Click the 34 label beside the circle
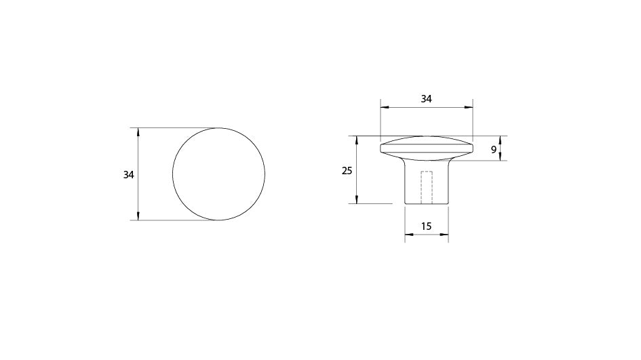point(128,174)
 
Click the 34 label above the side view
point(426,98)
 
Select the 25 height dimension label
point(347,171)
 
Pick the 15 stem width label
point(427,226)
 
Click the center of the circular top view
point(219,174)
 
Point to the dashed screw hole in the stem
point(427,187)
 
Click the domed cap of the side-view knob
point(427,145)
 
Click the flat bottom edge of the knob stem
point(427,203)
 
